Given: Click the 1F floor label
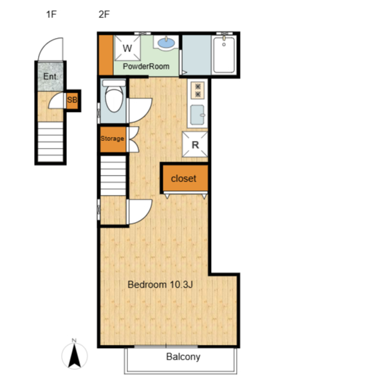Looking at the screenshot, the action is pyautogui.click(x=51, y=14).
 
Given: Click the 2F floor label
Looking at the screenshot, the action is pyautogui.click(x=104, y=14).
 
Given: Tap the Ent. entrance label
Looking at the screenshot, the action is pyautogui.click(x=50, y=77).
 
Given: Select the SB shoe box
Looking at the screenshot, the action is pyautogui.click(x=72, y=100).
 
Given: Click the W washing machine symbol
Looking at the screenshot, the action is pyautogui.click(x=127, y=48).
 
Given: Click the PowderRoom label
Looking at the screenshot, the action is pyautogui.click(x=146, y=66).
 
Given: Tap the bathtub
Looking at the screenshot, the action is pyautogui.click(x=224, y=55).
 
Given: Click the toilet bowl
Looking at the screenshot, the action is pyautogui.click(x=114, y=98).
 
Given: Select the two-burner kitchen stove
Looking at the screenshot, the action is pyautogui.click(x=198, y=90).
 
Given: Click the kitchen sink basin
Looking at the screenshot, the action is pyautogui.click(x=198, y=115).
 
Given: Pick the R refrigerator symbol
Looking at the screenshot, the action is pyautogui.click(x=195, y=144).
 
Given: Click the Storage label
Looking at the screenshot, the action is pyautogui.click(x=112, y=138).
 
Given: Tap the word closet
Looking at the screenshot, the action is pyautogui.click(x=183, y=178).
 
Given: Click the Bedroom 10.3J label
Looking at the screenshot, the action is pyautogui.click(x=160, y=284).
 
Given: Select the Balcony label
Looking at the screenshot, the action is pyautogui.click(x=183, y=356).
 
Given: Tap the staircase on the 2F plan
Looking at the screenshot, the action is pyautogui.click(x=113, y=176).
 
